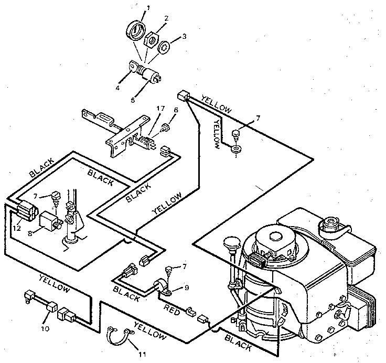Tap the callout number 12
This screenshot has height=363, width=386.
(17, 229)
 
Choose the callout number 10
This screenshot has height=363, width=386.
(45, 329)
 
